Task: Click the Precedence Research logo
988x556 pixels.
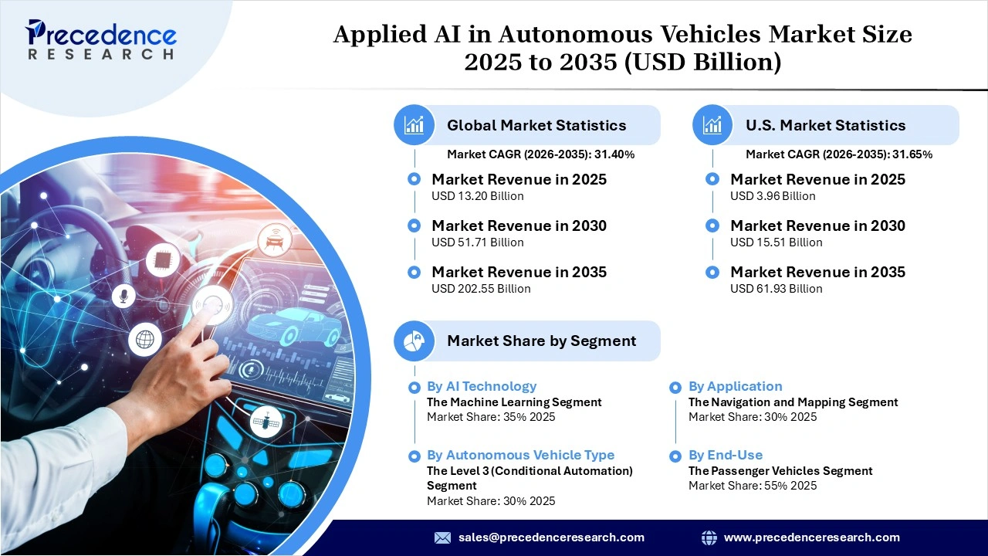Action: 101,40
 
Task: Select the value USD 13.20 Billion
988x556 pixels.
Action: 477,196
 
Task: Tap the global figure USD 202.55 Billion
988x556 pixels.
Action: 481,289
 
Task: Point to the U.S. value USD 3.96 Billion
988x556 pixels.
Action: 773,196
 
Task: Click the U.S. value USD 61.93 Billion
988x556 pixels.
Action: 776,289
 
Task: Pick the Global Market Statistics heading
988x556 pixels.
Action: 536,125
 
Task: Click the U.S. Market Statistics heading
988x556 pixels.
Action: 825,125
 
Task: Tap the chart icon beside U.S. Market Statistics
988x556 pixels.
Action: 712,125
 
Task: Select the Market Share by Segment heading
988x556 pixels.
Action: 541,341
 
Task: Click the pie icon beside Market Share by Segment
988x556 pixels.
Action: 414,341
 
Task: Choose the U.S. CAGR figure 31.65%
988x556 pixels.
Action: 912,154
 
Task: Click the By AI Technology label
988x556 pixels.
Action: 481,386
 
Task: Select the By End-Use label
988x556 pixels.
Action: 725,455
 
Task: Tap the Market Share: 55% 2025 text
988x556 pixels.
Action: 752,486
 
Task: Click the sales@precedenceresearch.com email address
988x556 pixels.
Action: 551,537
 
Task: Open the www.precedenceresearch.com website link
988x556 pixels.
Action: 811,537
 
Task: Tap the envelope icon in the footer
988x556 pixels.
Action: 442,537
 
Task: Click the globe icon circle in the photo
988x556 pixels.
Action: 144,338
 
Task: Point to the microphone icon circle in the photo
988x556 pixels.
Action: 123,296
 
